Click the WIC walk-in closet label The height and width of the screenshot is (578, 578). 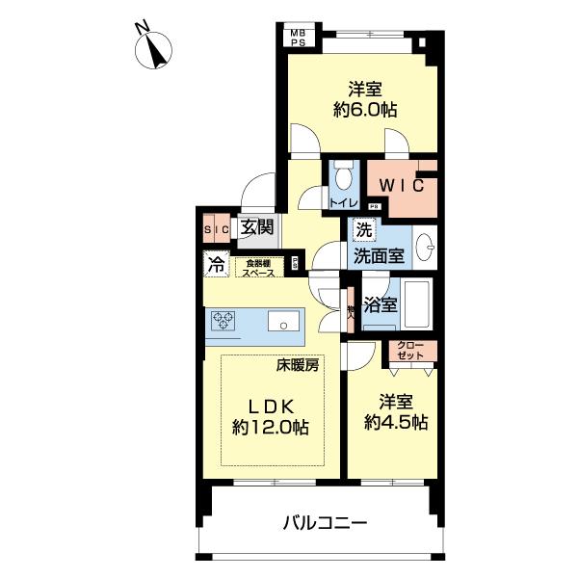(x=400, y=185)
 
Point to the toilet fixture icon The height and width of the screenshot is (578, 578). (x=344, y=177)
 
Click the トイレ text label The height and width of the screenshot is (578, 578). (x=343, y=203)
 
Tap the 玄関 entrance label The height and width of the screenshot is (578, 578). (x=257, y=227)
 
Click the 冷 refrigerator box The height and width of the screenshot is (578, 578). (x=216, y=262)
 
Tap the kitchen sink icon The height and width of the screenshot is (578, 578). (x=283, y=322)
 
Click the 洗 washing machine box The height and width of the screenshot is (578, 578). (x=363, y=230)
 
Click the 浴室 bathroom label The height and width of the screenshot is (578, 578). (x=380, y=306)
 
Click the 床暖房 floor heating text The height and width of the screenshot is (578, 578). (x=298, y=364)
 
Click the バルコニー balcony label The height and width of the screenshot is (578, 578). (x=325, y=523)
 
